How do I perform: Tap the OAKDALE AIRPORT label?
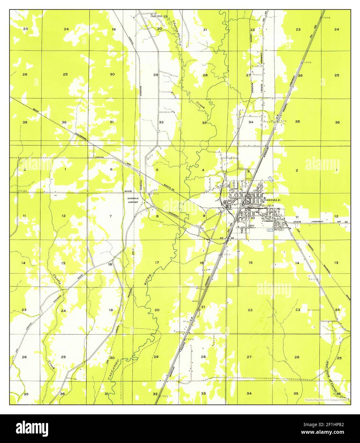pyautogui.click(x=133, y=200)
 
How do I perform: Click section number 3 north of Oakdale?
pyautogui.click(x=248, y=171)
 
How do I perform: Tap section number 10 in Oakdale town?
pyautogui.click(x=252, y=218)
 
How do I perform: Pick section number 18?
pyautogui.click(x=110, y=264)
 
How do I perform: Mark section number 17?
pyautogui.click(x=157, y=263)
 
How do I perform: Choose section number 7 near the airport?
pyautogui.click(x=111, y=216)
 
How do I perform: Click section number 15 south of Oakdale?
pyautogui.click(x=250, y=263)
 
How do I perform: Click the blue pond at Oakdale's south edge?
pyautogui.click(x=270, y=229)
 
